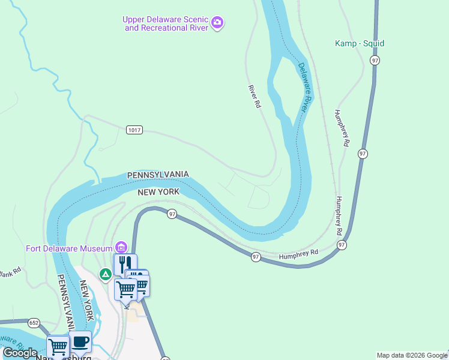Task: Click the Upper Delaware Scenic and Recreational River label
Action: coord(165,23)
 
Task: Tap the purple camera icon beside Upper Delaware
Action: coord(217,24)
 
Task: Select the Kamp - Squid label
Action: coord(359,44)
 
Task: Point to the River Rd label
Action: coord(255,97)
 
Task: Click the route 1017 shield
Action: coord(134,130)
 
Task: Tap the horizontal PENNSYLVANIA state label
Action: coord(158,175)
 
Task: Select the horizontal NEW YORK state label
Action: coord(158,191)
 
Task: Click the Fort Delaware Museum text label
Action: coord(69,248)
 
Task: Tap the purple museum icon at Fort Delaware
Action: coord(121,248)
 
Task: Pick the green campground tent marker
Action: coord(106,274)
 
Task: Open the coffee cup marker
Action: coord(80,343)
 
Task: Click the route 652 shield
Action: coord(34,323)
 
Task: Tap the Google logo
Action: coord(20,353)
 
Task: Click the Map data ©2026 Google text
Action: coord(412,355)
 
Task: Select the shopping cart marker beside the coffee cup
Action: coord(58,346)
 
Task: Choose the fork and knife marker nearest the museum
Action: coord(125,263)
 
